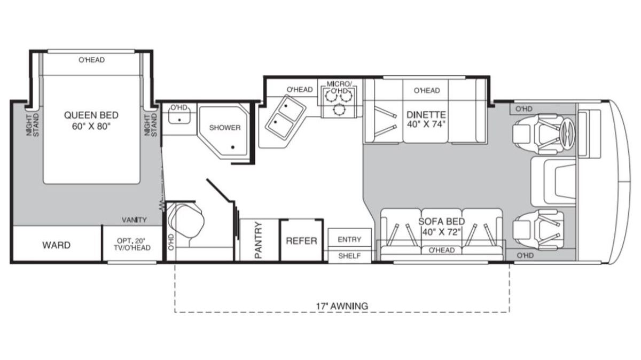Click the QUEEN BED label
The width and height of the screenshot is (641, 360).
click(91, 115)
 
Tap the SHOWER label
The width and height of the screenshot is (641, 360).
click(225, 128)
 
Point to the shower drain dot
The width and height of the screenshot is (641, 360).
click(233, 147)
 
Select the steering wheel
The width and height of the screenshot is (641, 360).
click(567, 134)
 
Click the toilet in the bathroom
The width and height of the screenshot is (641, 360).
click(186, 222)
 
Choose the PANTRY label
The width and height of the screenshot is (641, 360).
click(258, 240)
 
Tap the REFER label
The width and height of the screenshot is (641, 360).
click(301, 241)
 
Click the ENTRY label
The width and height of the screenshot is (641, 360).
click(349, 239)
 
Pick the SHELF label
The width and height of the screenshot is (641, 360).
click(349, 256)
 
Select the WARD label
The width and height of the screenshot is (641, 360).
click(57, 245)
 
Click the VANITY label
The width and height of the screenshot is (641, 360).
click(134, 220)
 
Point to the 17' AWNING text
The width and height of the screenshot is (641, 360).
click(342, 306)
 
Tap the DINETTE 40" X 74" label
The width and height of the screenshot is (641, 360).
click(426, 119)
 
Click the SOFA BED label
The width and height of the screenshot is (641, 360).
click(442, 222)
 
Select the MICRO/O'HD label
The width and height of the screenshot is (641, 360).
click(339, 87)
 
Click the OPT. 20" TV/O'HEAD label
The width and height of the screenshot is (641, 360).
click(132, 244)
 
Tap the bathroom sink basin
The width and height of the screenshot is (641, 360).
click(179, 117)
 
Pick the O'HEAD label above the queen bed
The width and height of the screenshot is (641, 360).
click(91, 60)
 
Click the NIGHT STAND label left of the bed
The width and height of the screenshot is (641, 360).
click(33, 125)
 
